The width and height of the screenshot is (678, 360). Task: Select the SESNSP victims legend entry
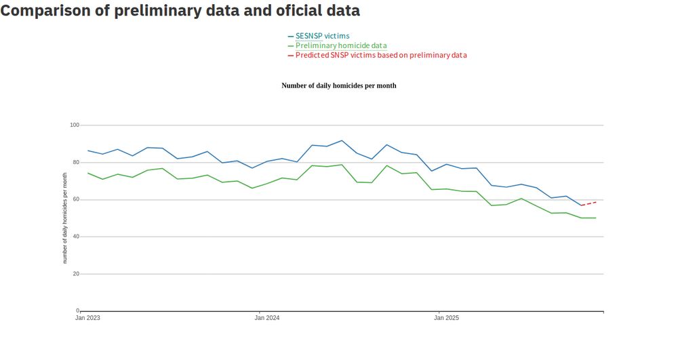[x=323, y=36]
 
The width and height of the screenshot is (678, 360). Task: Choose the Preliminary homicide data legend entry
[x=341, y=45]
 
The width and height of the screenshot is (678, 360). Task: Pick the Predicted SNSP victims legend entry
[x=381, y=55]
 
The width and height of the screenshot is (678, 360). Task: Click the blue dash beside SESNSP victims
[x=291, y=36]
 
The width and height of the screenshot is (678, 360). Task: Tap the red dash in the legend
[x=291, y=55]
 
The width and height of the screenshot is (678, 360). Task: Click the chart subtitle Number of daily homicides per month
[x=338, y=86]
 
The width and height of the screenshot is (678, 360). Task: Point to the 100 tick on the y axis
[x=75, y=125]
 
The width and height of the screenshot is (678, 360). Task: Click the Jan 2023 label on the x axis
[x=87, y=318]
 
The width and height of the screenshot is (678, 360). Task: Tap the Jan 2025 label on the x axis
[x=446, y=318]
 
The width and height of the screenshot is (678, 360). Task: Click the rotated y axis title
[x=65, y=218]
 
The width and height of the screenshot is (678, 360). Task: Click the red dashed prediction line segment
[x=589, y=203]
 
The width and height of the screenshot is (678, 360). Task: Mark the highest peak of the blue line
[x=342, y=140]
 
